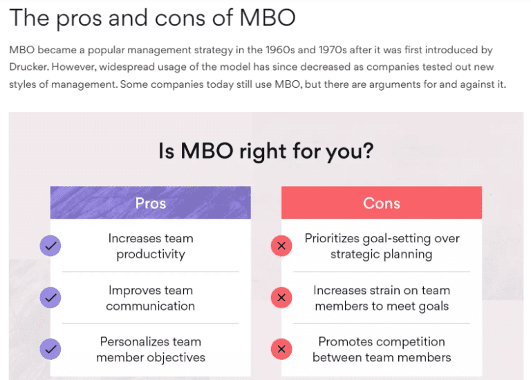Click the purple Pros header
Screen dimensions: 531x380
coord(150,202)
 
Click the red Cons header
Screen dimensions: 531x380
coord(382,202)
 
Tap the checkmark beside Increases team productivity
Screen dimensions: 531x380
coord(50,246)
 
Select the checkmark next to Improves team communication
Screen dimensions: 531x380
coord(50,298)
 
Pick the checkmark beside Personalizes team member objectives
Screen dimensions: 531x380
coord(50,349)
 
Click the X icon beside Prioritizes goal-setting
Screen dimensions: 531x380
coord(281,246)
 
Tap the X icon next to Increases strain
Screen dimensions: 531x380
coord(281,298)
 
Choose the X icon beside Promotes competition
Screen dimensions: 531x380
coord(281,349)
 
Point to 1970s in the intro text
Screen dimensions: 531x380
coord(332,50)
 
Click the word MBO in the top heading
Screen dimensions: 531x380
coord(268,17)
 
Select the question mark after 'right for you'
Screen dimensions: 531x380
coord(367,150)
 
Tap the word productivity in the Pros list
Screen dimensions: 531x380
coord(151,255)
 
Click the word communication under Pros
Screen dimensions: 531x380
coord(150,306)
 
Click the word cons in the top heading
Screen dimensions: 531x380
coord(180,18)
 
